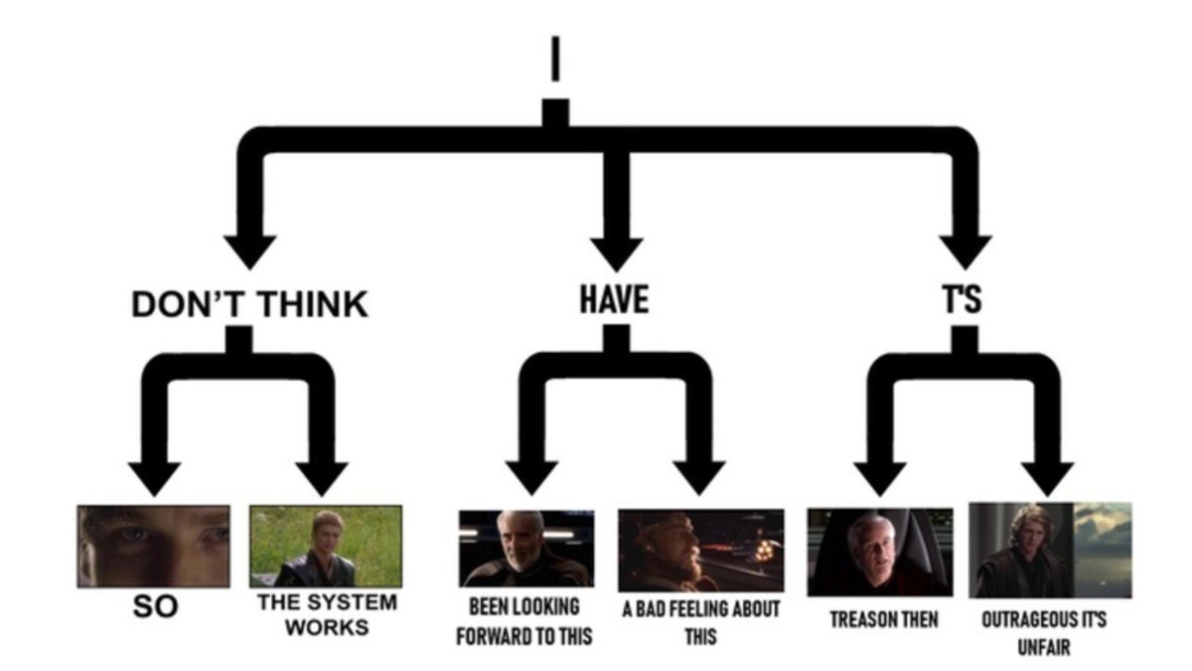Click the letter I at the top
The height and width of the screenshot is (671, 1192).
pos(555,60)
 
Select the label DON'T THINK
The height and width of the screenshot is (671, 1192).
pos(249,304)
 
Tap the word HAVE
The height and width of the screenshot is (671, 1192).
pos(615,299)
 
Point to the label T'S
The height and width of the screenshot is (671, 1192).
pos(963,299)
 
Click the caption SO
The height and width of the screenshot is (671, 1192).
pos(155,607)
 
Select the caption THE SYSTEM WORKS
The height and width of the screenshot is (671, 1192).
pos(326,614)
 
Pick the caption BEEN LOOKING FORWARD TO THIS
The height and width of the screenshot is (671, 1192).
pos(524,622)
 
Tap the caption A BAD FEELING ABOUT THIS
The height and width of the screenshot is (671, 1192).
pos(700,622)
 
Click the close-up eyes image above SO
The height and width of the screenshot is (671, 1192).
pos(154,546)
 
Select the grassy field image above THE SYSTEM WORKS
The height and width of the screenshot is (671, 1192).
pos(326,546)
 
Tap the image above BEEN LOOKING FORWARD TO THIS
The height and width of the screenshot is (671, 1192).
pos(526,548)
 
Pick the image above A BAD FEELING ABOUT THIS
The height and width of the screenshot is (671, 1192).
pos(700,550)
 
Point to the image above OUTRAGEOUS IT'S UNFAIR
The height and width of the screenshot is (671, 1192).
pos(1050,549)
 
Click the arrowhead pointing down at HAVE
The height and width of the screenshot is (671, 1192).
pos(616,253)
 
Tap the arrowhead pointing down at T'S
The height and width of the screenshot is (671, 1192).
pos(965,252)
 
